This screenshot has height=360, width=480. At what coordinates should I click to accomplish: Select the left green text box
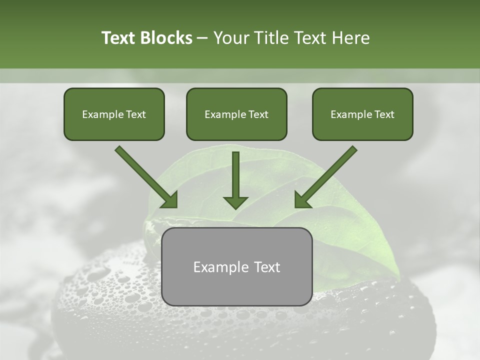[114, 114]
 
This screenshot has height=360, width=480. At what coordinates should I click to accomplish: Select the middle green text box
[236, 114]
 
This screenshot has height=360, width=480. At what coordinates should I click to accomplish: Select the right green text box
[362, 114]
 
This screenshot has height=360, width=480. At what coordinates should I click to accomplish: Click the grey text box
[236, 266]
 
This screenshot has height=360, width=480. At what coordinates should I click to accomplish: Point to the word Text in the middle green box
[258, 114]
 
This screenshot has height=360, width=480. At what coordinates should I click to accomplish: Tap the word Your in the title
[231, 38]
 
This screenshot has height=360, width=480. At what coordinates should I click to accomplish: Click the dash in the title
[202, 38]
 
